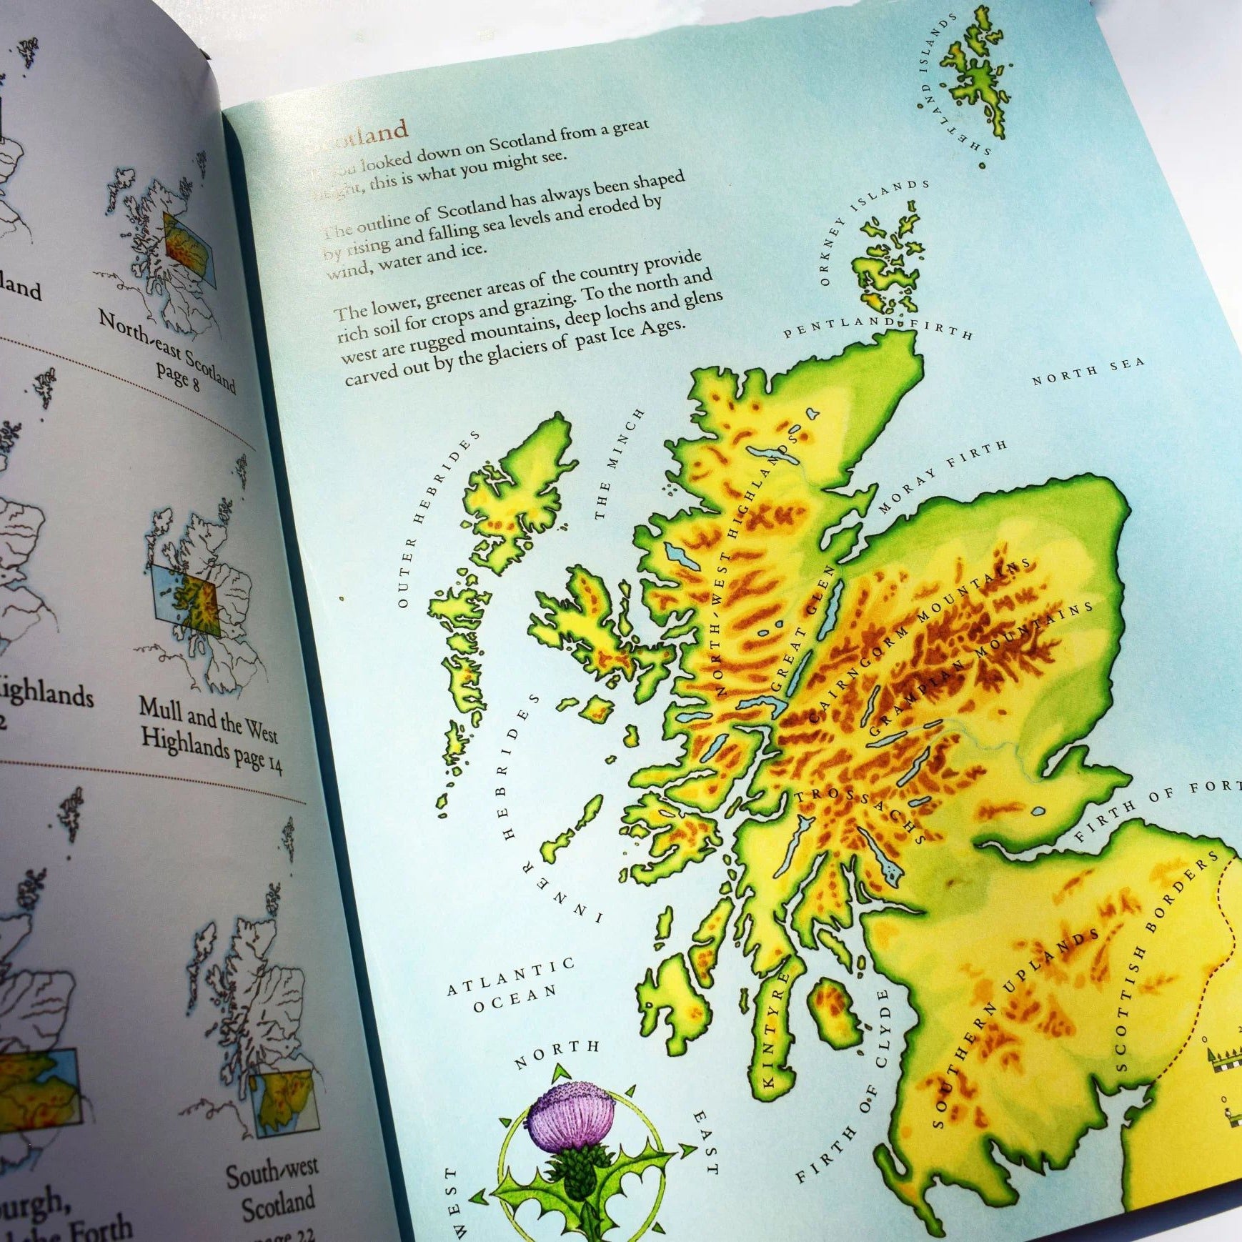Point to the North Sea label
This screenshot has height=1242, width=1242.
[x=1087, y=371]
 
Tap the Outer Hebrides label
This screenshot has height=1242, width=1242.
[x=435, y=517]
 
